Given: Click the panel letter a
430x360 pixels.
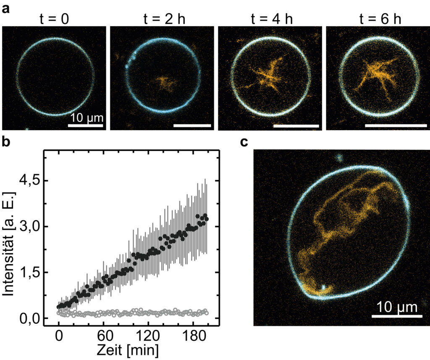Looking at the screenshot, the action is tap(6, 9).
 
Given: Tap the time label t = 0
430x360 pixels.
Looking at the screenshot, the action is tap(54, 19).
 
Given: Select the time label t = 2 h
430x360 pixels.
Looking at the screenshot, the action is tap(164, 19).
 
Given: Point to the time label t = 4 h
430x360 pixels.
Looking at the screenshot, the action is tap(272, 19).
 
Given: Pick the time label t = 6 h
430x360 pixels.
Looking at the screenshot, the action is tap(380, 19).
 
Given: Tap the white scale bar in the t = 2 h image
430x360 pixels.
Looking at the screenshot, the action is tap(192, 126).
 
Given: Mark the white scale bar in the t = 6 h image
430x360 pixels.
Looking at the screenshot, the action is tap(396, 126).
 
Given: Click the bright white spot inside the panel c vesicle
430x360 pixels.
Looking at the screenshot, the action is tap(324, 288).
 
